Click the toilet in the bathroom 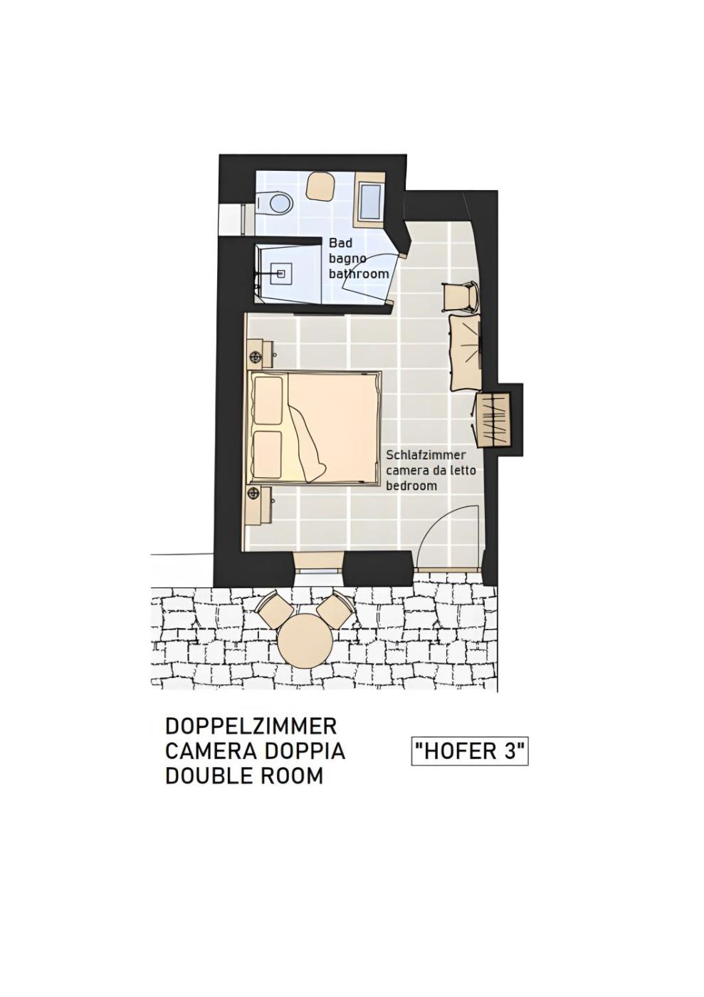click(275, 204)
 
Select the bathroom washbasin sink click(369, 202)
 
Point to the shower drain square click(280, 273)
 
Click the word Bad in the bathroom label click(340, 243)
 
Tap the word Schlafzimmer click(426, 455)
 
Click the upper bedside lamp click(256, 357)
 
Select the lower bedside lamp click(254, 493)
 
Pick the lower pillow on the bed click(268, 454)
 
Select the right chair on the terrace click(336, 608)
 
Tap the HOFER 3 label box click(470, 752)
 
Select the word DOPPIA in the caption click(305, 752)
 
